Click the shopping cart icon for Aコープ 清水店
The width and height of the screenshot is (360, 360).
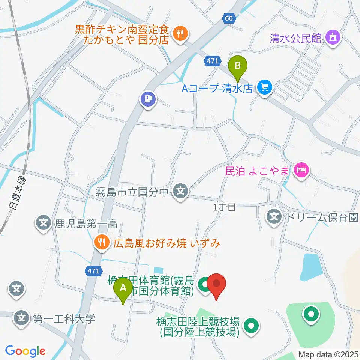point(265,88)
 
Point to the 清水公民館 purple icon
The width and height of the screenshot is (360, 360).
point(332,37)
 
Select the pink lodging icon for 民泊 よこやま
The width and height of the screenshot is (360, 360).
point(301,171)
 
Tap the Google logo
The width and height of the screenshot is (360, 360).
point(25,351)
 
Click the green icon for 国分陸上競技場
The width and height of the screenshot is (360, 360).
point(251,326)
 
